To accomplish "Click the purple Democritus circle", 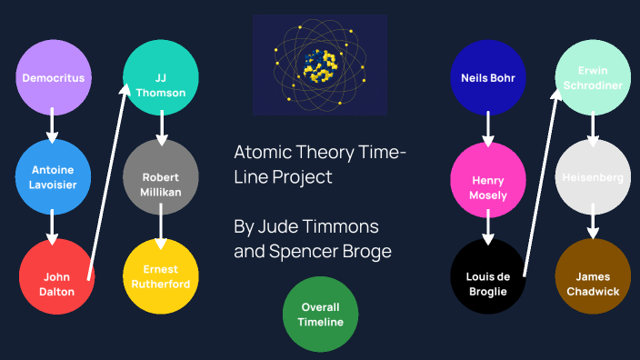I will (x=53, y=78).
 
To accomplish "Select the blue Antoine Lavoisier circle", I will (x=53, y=178).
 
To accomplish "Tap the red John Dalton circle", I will (x=56, y=276).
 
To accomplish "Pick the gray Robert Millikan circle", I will (x=161, y=178).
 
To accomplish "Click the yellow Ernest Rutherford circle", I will (x=161, y=276).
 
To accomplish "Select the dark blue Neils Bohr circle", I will (x=488, y=78).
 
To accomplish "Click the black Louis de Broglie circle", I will (x=488, y=276).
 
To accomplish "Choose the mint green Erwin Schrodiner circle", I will (x=593, y=78).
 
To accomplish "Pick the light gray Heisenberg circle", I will (x=593, y=178).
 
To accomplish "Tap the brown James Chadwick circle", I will (x=593, y=276).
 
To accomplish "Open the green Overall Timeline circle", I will (x=320, y=315).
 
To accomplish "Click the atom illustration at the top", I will (x=320, y=65).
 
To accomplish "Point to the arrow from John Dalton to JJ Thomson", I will (x=106, y=177).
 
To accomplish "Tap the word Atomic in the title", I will (x=263, y=152).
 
